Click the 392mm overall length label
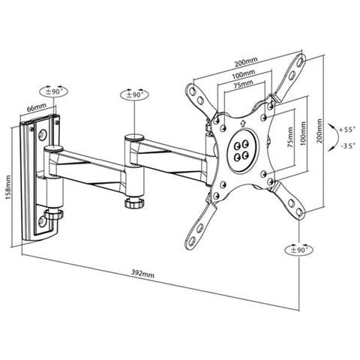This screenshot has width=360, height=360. tap(143, 274)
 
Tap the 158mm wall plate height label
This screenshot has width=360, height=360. tap(7, 187)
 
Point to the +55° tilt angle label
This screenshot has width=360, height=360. tap(347, 130)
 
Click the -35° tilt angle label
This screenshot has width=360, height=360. tap(348, 145)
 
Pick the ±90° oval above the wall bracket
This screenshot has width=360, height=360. tap(54, 91)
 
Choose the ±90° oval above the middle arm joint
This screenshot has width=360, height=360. tap(134, 94)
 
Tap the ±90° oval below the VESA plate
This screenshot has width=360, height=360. tap(299, 250)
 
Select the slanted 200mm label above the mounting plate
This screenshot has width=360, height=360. tap(246, 62)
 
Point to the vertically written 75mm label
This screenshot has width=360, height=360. tap(290, 137)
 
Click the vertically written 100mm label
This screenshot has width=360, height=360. tap(303, 133)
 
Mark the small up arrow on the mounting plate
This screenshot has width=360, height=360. tap(242, 123)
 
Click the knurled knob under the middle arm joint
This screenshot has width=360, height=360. tap(134, 202)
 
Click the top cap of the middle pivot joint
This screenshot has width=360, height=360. tap(134, 137)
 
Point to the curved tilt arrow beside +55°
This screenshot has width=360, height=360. tap(336, 137)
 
